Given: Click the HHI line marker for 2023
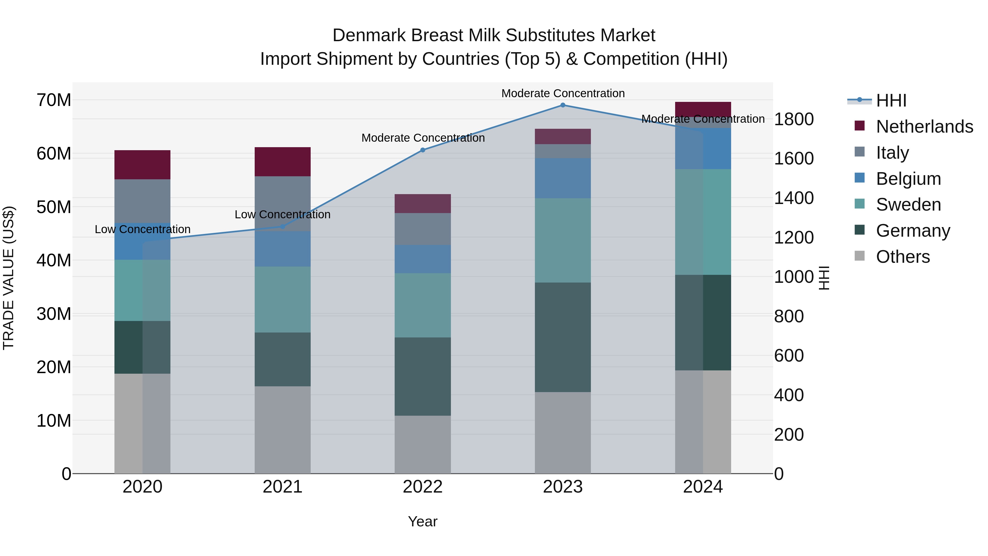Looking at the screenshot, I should (x=563, y=105).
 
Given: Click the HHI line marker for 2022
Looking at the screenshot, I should (x=423, y=150).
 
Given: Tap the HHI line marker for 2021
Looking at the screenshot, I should (x=283, y=227).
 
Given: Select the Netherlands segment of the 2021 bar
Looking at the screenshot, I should (x=283, y=161).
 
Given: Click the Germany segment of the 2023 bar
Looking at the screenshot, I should (x=563, y=337).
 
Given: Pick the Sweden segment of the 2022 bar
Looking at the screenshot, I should (x=423, y=305).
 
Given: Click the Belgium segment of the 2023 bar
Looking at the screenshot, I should (x=563, y=178).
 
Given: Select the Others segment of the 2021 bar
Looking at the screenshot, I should (x=283, y=430).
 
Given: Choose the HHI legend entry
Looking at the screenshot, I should (x=891, y=100).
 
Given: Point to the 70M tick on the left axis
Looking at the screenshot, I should (x=54, y=100).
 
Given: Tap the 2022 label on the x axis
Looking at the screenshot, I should (x=423, y=487).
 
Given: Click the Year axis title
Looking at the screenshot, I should (x=423, y=521).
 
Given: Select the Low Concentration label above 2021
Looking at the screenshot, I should (x=283, y=214).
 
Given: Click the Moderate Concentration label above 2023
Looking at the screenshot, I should (x=563, y=93).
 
